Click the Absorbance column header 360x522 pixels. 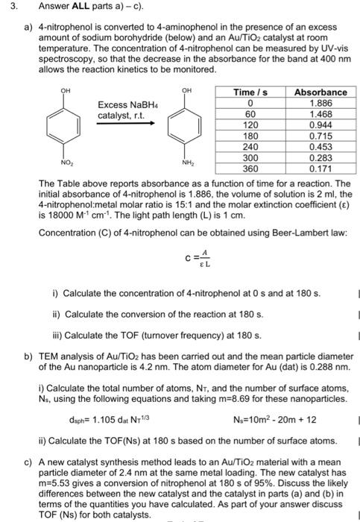pos(320,92)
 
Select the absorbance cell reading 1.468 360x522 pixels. pos(320,115)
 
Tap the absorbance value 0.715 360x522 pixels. pos(320,136)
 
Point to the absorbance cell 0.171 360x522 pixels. pos(320,170)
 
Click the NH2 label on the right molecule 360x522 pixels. pos(189,162)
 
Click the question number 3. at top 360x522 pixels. pos(12,8)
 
